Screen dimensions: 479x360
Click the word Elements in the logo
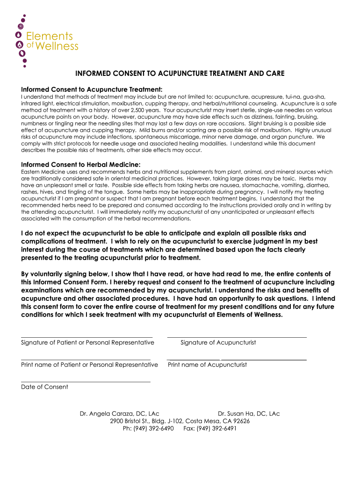click(x=49, y=36)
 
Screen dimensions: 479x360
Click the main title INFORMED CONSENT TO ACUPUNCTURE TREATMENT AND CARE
click(x=180, y=74)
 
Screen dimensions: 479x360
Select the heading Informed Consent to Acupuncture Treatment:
click(x=92, y=89)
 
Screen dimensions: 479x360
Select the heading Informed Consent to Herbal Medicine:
click(x=80, y=164)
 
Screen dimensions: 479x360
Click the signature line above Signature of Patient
click(x=86, y=336)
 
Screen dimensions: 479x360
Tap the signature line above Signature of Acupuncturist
click(x=237, y=336)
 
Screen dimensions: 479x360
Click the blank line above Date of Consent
click(x=86, y=381)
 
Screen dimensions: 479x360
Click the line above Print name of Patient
click(x=86, y=359)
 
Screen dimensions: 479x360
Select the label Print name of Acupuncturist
click(x=207, y=365)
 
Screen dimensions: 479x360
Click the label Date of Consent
click(x=44, y=387)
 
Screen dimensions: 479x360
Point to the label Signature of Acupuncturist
click(x=218, y=342)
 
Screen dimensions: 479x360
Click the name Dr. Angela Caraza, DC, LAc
click(x=120, y=414)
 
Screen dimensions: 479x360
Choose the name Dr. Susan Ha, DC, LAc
click(x=249, y=414)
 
